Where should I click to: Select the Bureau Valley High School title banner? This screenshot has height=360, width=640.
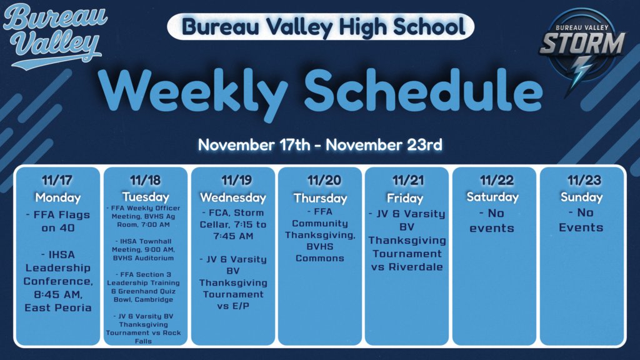click(x=320, y=27)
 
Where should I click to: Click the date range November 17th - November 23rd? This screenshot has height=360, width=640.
click(x=320, y=145)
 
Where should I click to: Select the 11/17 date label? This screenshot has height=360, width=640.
click(x=57, y=181)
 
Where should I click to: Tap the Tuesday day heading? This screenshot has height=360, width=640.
click(x=146, y=197)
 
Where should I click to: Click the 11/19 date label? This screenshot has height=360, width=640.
click(x=232, y=181)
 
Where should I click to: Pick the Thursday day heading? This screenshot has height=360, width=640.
click(x=320, y=197)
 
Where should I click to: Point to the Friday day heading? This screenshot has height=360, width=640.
click(x=407, y=197)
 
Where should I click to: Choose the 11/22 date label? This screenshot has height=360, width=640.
click(x=494, y=181)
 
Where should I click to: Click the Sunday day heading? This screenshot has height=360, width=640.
click(x=581, y=197)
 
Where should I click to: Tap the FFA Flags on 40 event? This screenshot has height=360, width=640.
click(x=57, y=221)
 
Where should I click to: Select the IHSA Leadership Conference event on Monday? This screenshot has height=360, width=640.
click(x=57, y=281)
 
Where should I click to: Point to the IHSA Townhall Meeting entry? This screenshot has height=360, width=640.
click(x=146, y=249)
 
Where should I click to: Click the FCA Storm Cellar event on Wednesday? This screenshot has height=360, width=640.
click(x=232, y=224)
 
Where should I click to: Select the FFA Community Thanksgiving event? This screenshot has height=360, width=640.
click(x=320, y=234)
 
